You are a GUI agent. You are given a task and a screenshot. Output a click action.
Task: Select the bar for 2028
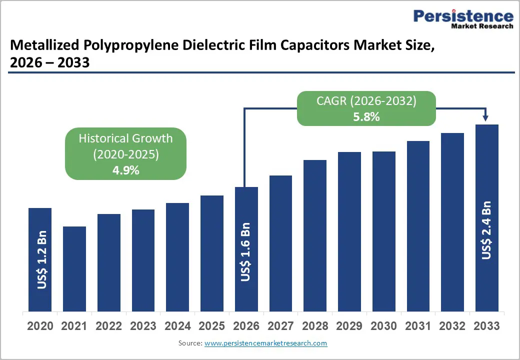pos(315,235)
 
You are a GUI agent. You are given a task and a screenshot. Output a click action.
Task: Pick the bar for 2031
pos(418,225)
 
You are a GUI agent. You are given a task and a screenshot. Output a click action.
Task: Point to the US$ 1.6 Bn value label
pos(245,252)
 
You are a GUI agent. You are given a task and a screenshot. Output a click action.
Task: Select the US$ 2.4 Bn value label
pos(486,230)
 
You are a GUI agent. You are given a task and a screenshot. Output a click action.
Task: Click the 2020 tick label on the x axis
pos(40,326)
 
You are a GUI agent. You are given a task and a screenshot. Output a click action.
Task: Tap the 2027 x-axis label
pos(280,326)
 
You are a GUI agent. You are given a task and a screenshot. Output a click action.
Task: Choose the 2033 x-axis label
pos(486,326)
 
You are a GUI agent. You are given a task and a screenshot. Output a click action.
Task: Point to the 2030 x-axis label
pos(383,326)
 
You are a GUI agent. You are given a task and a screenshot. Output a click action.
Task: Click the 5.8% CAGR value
pos(366,117)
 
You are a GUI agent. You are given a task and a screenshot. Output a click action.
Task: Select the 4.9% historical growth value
pos(126,170)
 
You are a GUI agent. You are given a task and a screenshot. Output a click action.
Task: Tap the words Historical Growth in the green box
pos(126,138)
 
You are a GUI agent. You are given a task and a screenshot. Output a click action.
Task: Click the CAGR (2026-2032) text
pos(366,101)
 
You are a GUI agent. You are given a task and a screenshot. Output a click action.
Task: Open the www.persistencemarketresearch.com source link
pos(266,343)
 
